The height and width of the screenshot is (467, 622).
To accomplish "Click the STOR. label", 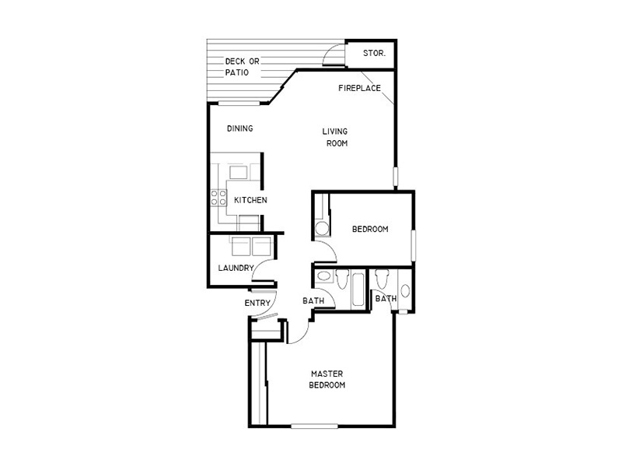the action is pyautogui.click(x=374, y=53).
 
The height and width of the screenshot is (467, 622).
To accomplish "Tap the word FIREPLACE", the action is pyautogui.click(x=359, y=88).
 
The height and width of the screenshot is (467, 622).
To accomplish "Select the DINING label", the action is pyautogui.click(x=240, y=128).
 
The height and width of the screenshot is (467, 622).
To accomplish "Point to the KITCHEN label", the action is pyautogui.click(x=250, y=200).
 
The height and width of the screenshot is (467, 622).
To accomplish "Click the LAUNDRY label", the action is pyautogui.click(x=236, y=268).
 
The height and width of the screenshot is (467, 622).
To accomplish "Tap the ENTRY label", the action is pyautogui.click(x=257, y=303).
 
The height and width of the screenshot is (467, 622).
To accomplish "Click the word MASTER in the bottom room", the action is pyautogui.click(x=327, y=374).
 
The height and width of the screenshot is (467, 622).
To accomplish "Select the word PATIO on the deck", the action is pyautogui.click(x=237, y=72).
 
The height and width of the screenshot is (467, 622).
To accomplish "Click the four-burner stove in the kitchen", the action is pyautogui.click(x=218, y=198).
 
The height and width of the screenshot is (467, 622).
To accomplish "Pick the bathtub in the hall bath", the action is pyautogui.click(x=358, y=289).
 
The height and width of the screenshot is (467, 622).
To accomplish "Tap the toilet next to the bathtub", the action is pyautogui.click(x=342, y=279).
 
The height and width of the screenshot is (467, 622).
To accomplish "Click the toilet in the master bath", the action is pyautogui.click(x=383, y=279).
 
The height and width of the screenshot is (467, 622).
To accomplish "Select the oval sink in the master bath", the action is pyautogui.click(x=405, y=290).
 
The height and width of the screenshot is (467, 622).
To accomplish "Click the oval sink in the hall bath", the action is pyautogui.click(x=323, y=276).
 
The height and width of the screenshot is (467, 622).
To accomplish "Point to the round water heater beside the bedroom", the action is pyautogui.click(x=322, y=228).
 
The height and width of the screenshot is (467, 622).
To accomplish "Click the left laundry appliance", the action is pyautogui.click(x=241, y=247).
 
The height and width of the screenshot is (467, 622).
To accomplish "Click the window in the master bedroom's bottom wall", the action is pyautogui.click(x=314, y=426).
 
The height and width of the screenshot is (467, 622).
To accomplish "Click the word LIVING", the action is pyautogui.click(x=335, y=132).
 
